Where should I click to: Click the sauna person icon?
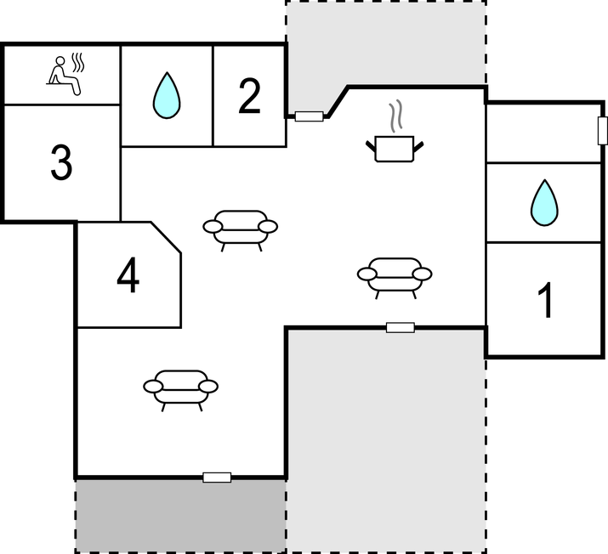tap(65, 75)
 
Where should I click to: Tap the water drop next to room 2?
tap(167, 96)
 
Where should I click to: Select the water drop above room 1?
tap(544, 202)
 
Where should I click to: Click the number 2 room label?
tap(249, 96)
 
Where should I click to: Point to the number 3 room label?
tap(61, 162)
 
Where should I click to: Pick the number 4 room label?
tap(128, 275)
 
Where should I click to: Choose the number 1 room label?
tap(545, 300)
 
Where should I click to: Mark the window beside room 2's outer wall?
tap(309, 116)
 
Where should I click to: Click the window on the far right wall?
tap(602, 131)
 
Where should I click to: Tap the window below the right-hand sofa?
tap(401, 328)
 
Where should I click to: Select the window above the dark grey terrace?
tap(217, 478)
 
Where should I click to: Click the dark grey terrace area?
tap(180, 516)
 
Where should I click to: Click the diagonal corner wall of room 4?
tap(166, 237)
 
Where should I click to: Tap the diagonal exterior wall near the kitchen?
tap(338, 102)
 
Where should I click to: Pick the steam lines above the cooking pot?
tap(395, 116)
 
